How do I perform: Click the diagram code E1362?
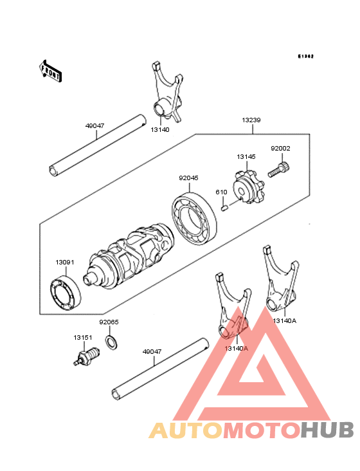[305, 57]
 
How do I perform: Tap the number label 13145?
[246, 156]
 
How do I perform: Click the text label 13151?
[82, 337]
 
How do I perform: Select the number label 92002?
[280, 149]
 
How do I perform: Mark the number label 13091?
[65, 263]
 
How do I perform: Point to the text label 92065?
[109, 322]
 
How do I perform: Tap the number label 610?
[221, 192]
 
